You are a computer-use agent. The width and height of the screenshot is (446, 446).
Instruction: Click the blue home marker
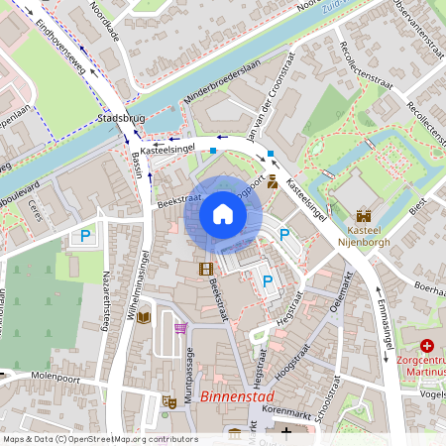[222, 215]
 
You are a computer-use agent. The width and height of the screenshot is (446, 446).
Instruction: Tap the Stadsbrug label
[124, 120]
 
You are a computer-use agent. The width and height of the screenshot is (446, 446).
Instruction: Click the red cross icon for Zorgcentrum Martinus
[427, 346]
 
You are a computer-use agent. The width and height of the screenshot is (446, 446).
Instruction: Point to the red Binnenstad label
[237, 396]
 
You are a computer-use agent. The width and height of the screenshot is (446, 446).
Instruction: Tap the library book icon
[144, 317]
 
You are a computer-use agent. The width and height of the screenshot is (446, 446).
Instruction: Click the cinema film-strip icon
[205, 269]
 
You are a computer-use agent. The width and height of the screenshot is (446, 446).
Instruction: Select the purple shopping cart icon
[179, 328]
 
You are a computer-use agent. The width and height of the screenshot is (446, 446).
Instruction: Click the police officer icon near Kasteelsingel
[272, 181]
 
